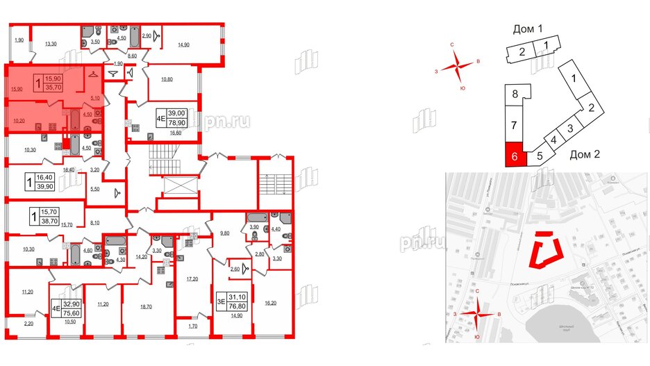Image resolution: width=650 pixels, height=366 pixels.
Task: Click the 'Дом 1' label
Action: (x=528, y=29)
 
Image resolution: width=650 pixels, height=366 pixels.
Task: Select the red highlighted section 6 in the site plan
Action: (x=515, y=156)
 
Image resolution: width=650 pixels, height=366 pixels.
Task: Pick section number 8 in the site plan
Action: (x=515, y=94)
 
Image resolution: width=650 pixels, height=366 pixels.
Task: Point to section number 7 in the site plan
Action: (x=515, y=126)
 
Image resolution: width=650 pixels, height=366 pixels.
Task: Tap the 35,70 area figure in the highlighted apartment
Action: (x=53, y=88)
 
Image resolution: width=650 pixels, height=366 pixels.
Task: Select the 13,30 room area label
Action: (x=50, y=44)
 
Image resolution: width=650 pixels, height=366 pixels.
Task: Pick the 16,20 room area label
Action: (x=271, y=303)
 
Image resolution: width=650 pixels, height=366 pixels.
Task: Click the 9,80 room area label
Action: (x=224, y=234)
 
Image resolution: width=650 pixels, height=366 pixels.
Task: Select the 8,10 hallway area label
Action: (x=95, y=223)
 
